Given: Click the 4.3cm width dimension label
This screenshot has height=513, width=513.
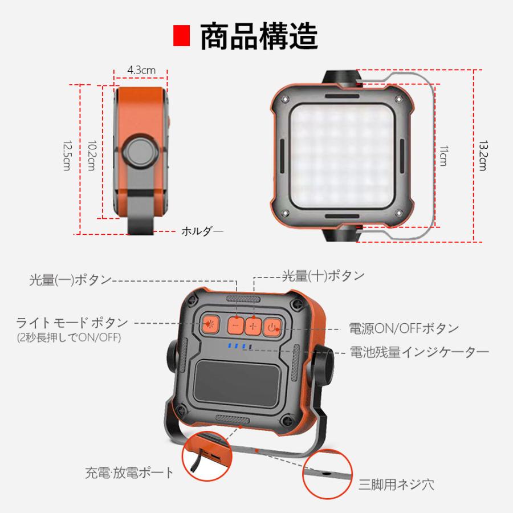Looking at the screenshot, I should point(141,70).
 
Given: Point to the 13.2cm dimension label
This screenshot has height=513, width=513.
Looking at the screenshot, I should point(482,157).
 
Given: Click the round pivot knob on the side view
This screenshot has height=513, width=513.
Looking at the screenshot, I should point(140,152).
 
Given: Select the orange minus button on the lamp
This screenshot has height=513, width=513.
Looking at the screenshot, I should point(235,325).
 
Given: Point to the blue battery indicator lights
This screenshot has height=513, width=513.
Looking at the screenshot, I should point(238,346).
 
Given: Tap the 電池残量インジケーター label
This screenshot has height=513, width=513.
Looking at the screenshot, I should point(420,352).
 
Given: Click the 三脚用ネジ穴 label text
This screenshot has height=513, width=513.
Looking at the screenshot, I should point(397,485).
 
